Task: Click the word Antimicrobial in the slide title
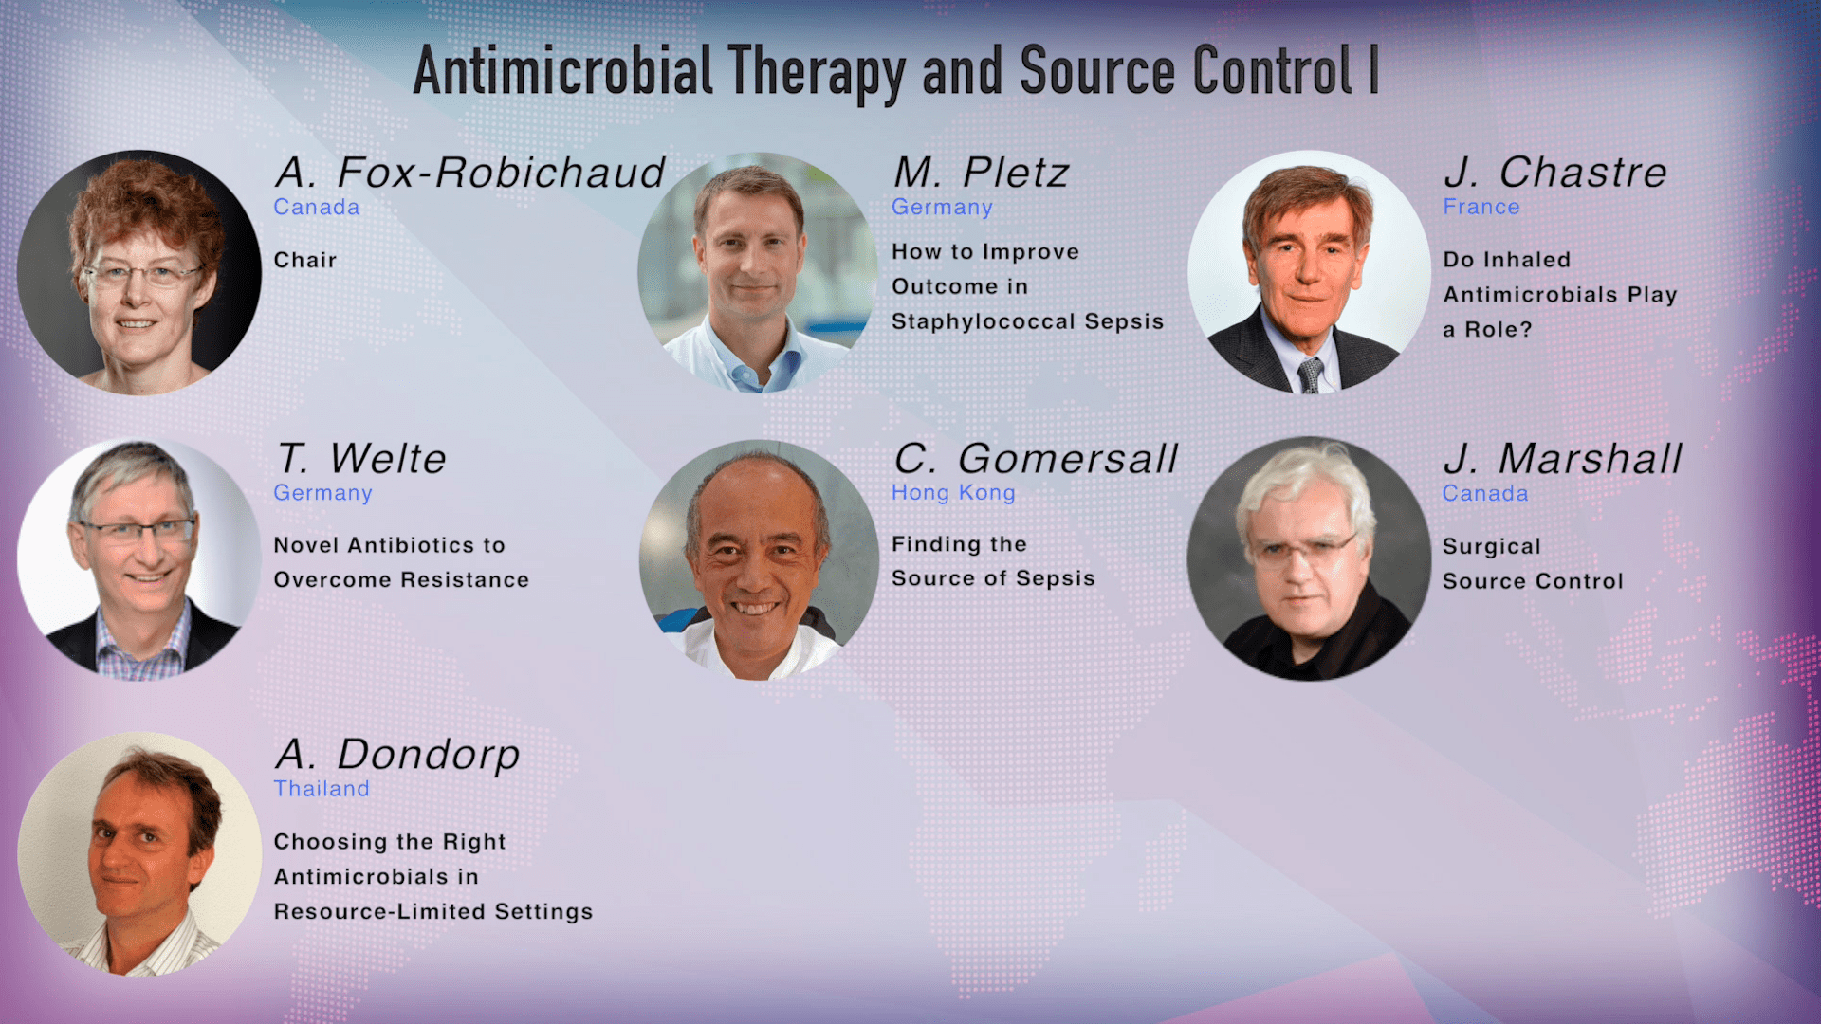562,72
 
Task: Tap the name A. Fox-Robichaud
470,173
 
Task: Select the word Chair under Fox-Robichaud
305,260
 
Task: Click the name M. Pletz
981,173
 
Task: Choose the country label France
1481,207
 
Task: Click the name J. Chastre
1555,173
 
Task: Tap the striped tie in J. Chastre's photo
1311,375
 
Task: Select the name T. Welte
361,459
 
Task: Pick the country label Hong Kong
953,493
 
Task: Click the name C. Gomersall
1036,459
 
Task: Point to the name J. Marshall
1562,459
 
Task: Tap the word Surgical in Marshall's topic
1492,546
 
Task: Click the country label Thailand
322,789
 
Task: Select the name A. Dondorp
397,755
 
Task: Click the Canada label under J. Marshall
1485,493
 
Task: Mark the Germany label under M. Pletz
942,207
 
